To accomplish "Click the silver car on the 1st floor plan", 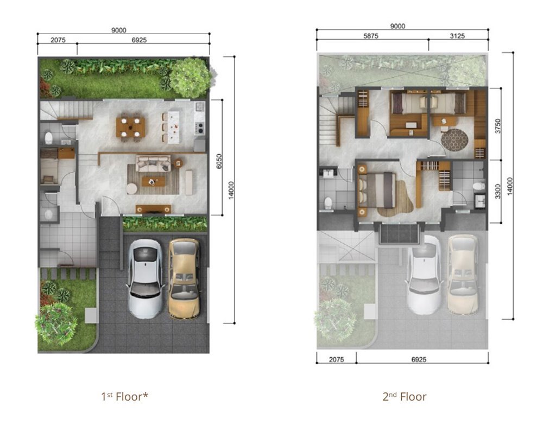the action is pyautogui.click(x=146, y=278).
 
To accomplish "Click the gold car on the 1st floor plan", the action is pyautogui.click(x=184, y=278).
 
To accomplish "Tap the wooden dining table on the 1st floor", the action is pyautogui.click(x=130, y=127).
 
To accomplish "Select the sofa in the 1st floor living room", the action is pyautogui.click(x=153, y=163).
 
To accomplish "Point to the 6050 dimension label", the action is pyautogui.click(x=218, y=161).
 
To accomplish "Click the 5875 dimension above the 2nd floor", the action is pyautogui.click(x=370, y=36).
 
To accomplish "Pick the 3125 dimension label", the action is pyautogui.click(x=457, y=36).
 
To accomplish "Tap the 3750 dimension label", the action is pyautogui.click(x=497, y=126).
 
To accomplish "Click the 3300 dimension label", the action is pyautogui.click(x=497, y=191).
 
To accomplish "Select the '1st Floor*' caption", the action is pyautogui.click(x=125, y=396).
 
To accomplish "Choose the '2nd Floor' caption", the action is pyautogui.click(x=405, y=396).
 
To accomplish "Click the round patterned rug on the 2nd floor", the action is pyautogui.click(x=454, y=139).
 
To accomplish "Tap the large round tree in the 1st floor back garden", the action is pyautogui.click(x=190, y=78).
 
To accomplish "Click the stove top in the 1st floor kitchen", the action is pyautogui.click(x=200, y=128).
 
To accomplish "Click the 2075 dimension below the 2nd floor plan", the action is pyautogui.click(x=336, y=359).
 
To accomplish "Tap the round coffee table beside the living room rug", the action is pyautogui.click(x=131, y=189).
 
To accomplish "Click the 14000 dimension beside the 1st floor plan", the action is pyautogui.click(x=231, y=191).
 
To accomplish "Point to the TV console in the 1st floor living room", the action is pyautogui.click(x=153, y=208).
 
